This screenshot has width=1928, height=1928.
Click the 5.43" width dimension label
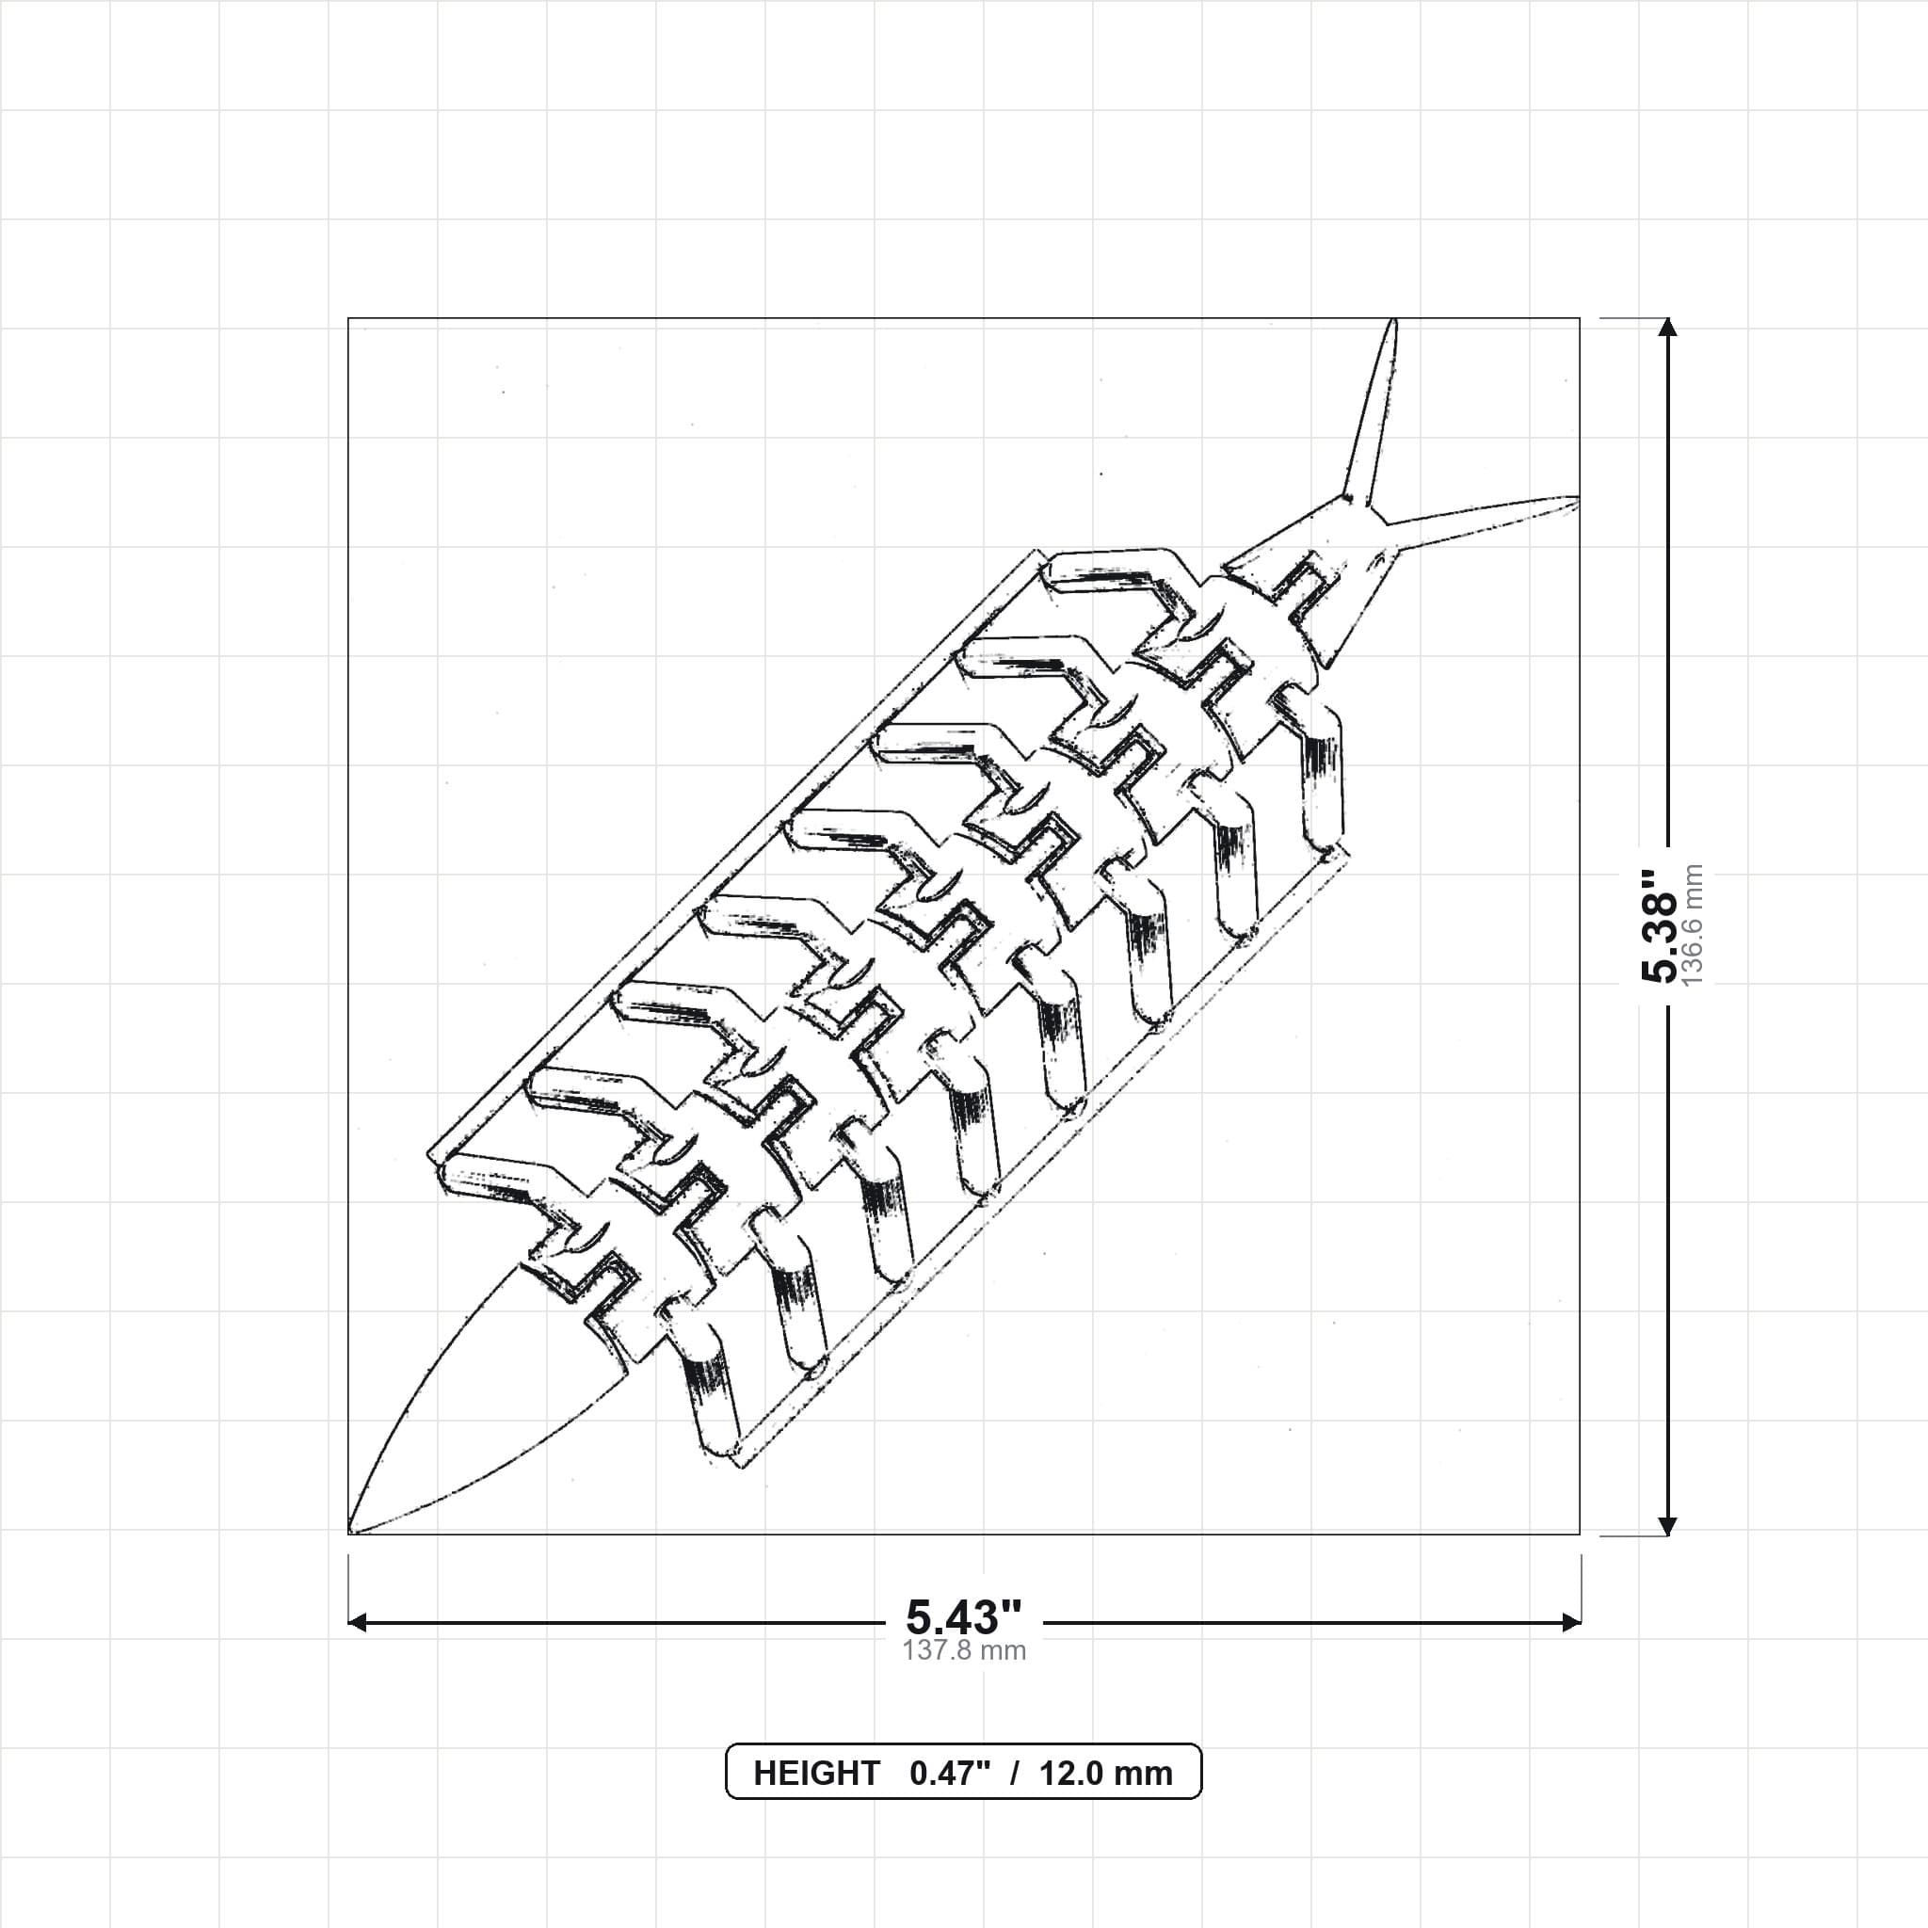pyautogui.click(x=964, y=1615)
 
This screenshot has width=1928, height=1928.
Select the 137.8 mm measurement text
pyautogui.click(x=964, y=1649)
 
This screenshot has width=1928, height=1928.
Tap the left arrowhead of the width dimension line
pyautogui.click(x=357, y=1623)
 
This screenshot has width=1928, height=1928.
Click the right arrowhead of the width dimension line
pyautogui.click(x=1571, y=1623)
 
